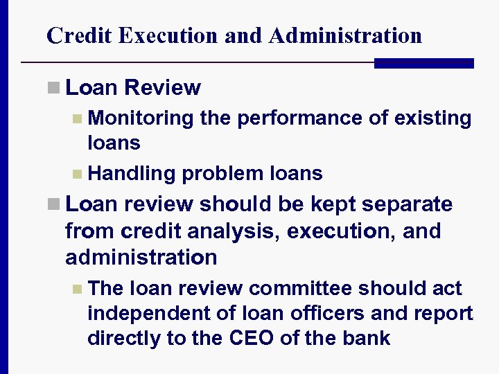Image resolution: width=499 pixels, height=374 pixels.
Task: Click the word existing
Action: (x=432, y=118)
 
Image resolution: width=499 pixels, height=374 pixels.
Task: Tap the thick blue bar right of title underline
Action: (x=423, y=63)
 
